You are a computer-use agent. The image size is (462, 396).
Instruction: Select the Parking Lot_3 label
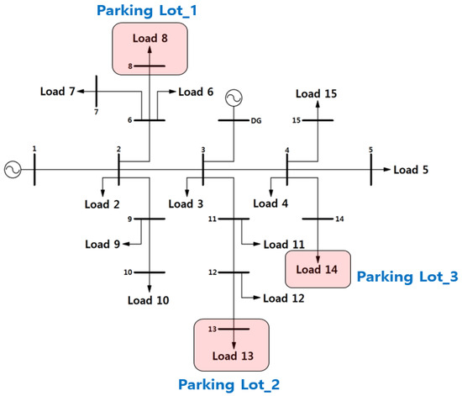[406, 276]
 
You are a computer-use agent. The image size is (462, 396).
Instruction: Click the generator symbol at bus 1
[13, 169]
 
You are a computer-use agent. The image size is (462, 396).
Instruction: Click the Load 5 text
[411, 170]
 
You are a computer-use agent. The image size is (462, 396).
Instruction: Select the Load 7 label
[59, 89]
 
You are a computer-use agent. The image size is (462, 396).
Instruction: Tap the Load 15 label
[318, 93]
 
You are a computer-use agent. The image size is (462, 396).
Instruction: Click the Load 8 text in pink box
[150, 39]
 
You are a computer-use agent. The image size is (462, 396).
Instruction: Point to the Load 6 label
[197, 92]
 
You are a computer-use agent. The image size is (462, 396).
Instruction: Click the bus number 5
[370, 150]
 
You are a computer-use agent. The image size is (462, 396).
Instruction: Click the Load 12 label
[283, 298]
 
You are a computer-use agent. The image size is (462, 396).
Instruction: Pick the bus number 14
[340, 219]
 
